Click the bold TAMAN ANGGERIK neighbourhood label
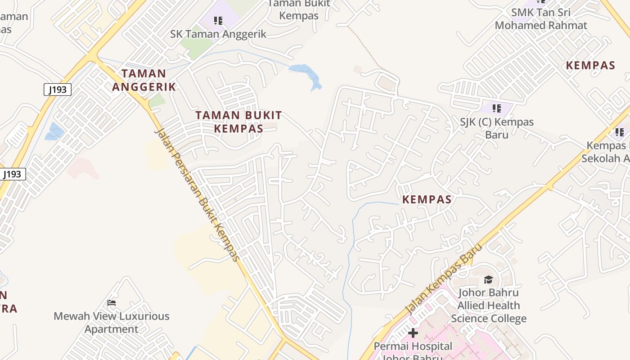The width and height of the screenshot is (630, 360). pos(144,80)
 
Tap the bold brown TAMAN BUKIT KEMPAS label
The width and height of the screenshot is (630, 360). pos(238,121)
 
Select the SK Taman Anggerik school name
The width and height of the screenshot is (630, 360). pos(218,34)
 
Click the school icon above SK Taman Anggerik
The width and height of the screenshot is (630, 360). pos(218,20)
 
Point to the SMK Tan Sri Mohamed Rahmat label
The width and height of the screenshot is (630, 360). pos(541,19)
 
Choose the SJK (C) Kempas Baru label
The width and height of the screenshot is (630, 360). pos(497,128)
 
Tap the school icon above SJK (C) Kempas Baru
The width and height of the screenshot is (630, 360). pos(497,108)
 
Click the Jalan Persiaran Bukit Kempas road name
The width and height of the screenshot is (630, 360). pos(196,194)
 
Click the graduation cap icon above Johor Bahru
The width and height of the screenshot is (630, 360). pos(488,280)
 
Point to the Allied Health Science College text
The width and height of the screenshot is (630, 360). pos(489,312)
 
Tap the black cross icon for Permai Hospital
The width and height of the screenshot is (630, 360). pos(413,333)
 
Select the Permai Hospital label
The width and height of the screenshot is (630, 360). pos(413,346)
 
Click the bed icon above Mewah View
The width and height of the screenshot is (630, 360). pos(112,303)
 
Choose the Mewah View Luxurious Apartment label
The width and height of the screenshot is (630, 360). pos(112,322)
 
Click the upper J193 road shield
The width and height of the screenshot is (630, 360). pos(58,90)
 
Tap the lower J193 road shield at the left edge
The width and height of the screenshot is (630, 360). pos(13,174)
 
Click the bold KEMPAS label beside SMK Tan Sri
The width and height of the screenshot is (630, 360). pos(590,65)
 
